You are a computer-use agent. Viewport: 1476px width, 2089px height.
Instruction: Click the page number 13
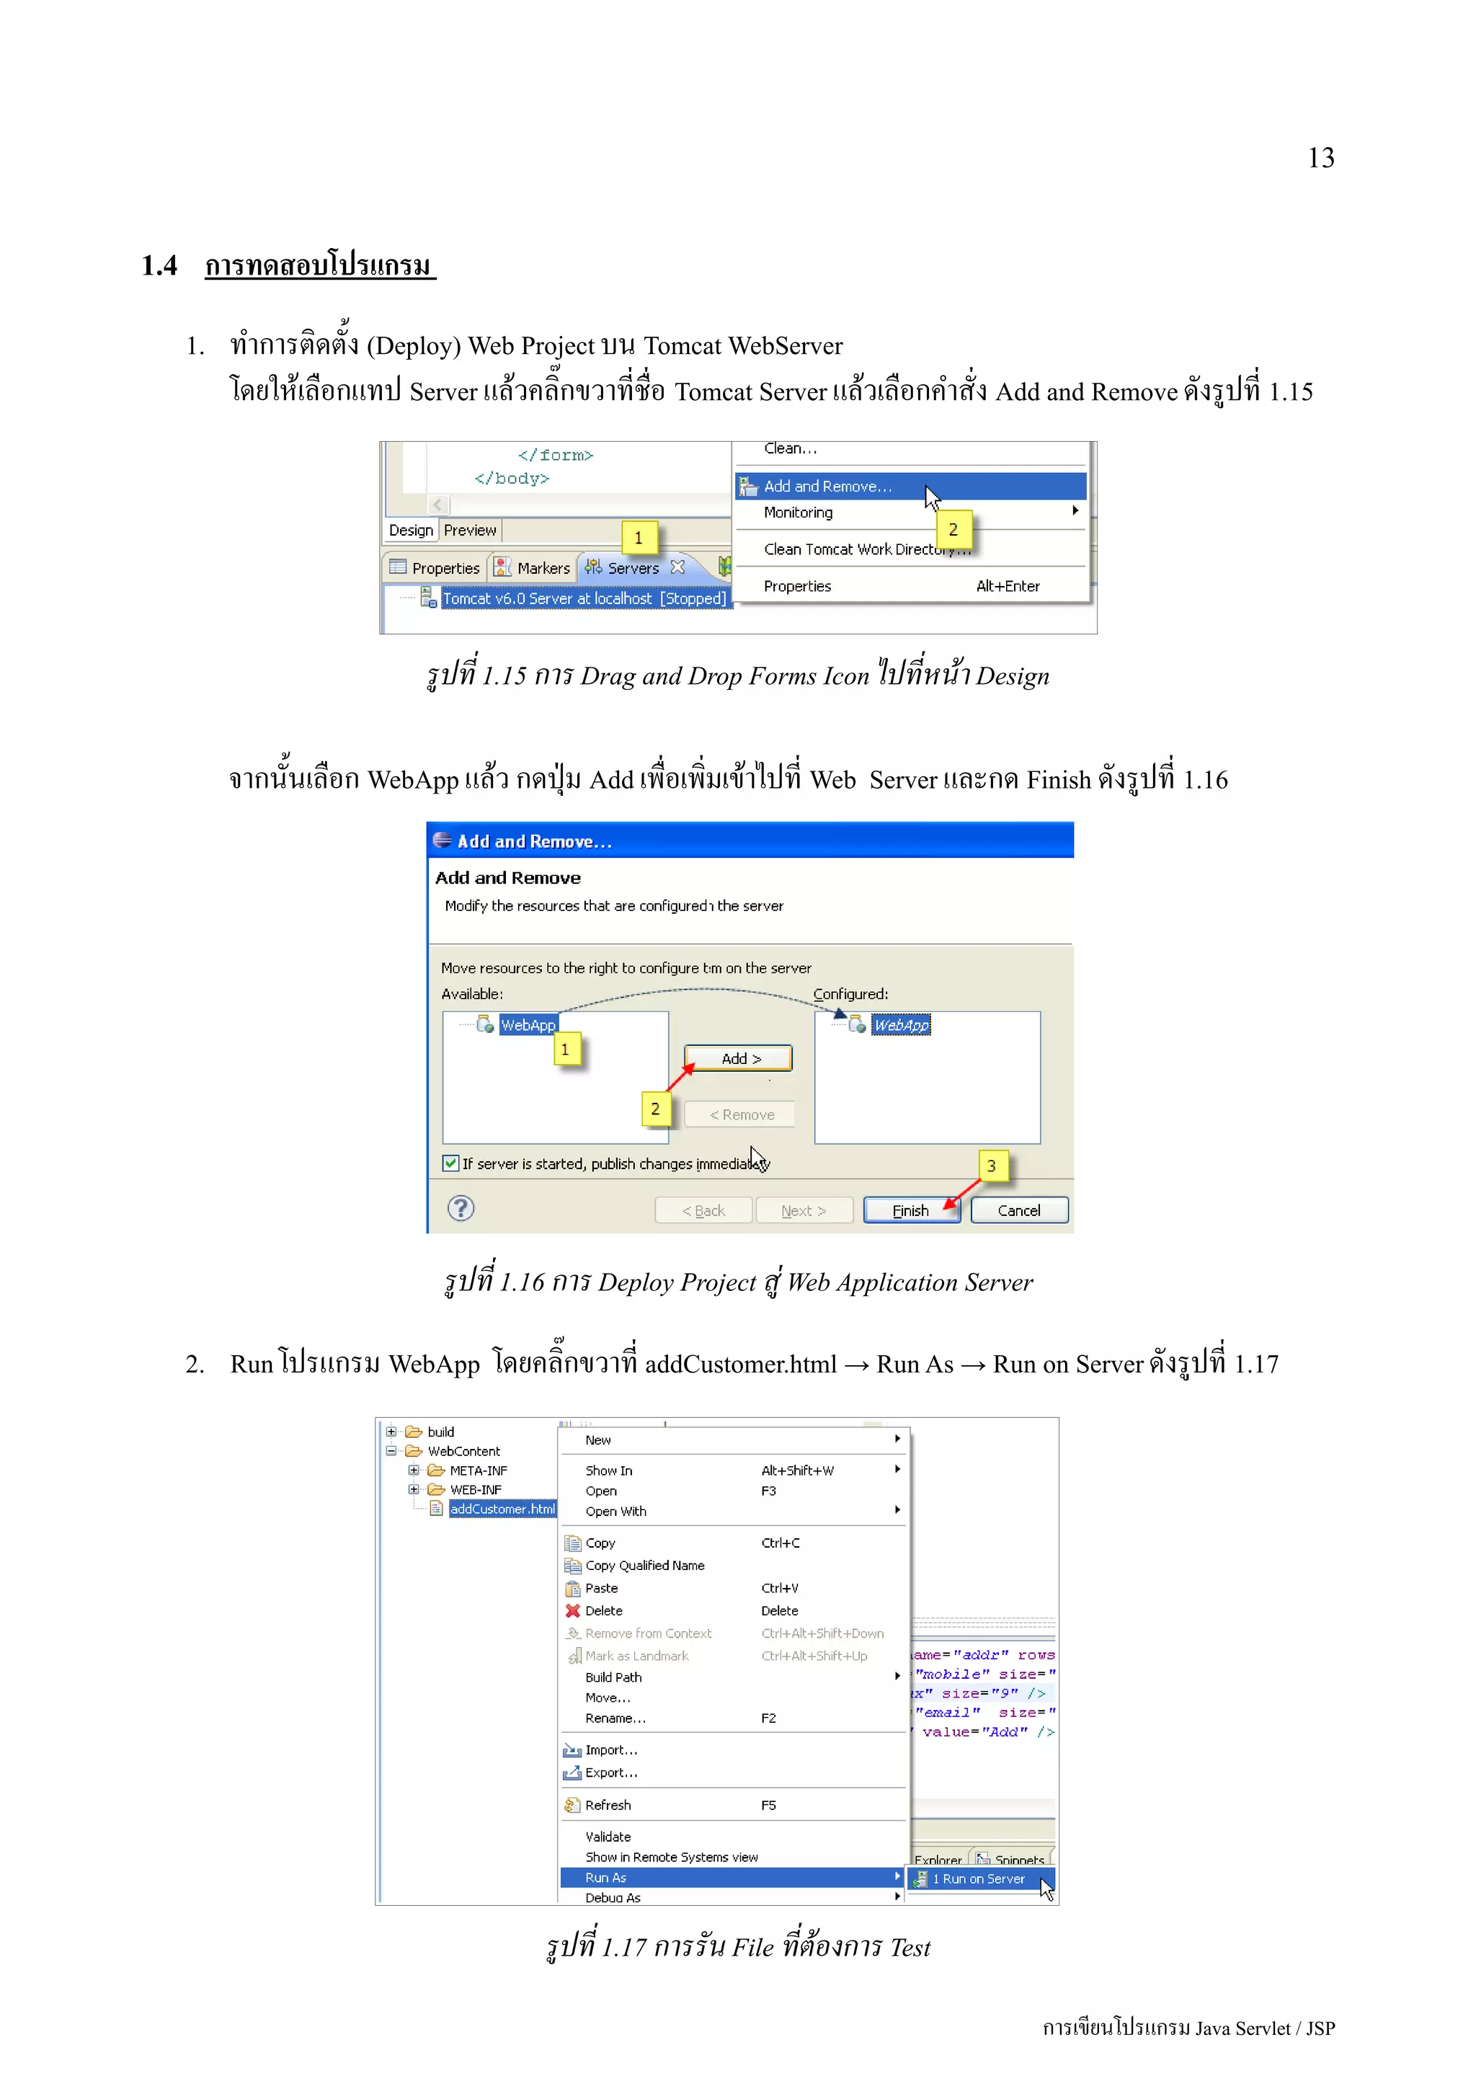click(x=1320, y=159)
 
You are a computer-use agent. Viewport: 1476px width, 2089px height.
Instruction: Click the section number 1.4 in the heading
click(x=159, y=266)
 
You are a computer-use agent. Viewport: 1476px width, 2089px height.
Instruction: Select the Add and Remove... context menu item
click(x=827, y=487)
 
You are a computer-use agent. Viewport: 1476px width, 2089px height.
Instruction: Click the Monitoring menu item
click(x=798, y=513)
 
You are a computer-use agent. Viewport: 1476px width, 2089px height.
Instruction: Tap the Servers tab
click(x=632, y=568)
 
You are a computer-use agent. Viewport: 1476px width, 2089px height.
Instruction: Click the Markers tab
click(x=542, y=568)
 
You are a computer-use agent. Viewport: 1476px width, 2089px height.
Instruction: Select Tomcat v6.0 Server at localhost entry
click(x=583, y=598)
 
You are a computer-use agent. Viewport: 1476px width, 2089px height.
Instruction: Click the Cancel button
click(x=1018, y=1210)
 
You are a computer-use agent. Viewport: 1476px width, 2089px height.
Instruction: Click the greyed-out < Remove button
click(x=740, y=1114)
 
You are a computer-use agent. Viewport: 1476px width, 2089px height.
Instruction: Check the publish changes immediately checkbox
click(x=451, y=1163)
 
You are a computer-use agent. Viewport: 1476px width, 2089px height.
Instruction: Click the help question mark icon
click(x=461, y=1208)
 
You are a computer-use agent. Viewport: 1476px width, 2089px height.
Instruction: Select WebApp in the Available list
click(x=527, y=1025)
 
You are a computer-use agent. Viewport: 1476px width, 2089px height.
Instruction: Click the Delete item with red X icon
click(x=603, y=1610)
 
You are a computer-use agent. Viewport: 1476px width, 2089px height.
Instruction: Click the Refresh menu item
click(x=608, y=1805)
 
